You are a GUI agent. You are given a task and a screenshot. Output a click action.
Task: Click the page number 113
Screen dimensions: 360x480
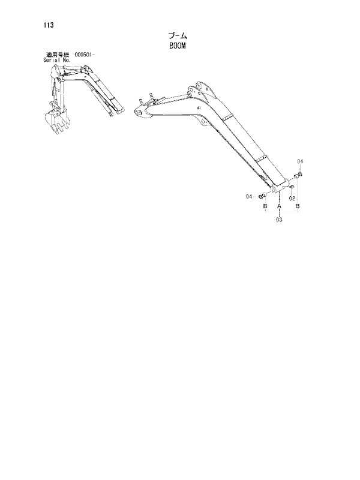click(49, 25)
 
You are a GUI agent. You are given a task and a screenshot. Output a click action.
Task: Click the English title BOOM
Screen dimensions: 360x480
click(178, 46)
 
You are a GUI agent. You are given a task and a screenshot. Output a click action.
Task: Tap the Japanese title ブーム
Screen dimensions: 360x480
click(178, 36)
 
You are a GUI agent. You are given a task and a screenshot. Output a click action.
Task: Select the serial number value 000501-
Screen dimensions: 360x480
click(85, 55)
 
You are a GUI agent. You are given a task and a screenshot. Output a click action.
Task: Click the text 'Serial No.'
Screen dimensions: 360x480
click(57, 61)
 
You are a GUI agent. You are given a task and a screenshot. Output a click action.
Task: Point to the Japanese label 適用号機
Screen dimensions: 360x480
click(58, 55)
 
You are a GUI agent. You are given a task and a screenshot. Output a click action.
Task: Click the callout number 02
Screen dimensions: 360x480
click(292, 199)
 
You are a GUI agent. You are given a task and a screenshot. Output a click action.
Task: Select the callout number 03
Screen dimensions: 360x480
click(279, 220)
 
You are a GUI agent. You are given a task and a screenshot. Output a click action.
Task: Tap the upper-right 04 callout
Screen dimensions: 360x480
click(300, 161)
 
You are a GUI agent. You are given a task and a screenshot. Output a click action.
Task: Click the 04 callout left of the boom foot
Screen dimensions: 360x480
click(249, 197)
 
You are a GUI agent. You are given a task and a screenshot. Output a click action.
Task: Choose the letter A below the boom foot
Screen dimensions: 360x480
click(279, 206)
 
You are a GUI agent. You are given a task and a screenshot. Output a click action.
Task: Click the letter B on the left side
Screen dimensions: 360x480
click(265, 206)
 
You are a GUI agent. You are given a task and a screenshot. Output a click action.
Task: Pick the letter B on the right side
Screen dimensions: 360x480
click(297, 206)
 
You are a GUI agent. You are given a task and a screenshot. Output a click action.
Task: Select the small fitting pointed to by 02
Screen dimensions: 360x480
click(292, 186)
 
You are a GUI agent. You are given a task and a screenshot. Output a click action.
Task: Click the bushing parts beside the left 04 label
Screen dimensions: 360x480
click(263, 196)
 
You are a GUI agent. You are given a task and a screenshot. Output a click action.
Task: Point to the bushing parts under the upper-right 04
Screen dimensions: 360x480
click(298, 176)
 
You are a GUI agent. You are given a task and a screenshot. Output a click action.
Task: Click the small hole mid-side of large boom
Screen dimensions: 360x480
click(199, 108)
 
